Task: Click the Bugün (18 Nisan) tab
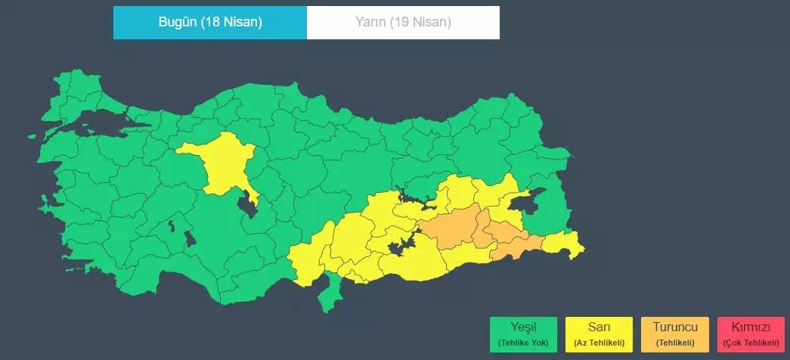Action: click(x=210, y=22)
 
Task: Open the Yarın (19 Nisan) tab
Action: click(x=403, y=22)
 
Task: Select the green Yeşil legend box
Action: click(x=523, y=334)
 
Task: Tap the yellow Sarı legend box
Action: click(x=599, y=334)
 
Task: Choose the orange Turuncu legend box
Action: click(x=675, y=334)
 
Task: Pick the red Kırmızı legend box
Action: click(x=751, y=334)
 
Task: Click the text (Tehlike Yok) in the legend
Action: click(x=523, y=343)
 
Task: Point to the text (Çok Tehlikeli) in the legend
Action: click(x=751, y=343)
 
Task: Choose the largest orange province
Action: click(x=450, y=227)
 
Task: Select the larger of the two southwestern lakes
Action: click(x=191, y=239)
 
